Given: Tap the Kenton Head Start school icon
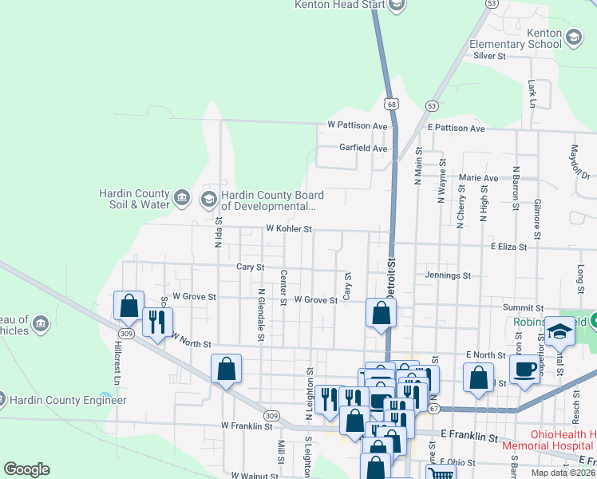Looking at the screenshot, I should [397, 5].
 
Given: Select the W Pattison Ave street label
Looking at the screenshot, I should [358, 126].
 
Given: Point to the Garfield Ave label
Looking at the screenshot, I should [363, 148].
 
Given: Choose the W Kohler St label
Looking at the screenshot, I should [288, 229].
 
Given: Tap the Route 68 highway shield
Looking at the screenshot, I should [390, 104].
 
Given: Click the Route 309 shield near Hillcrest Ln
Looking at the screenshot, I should [126, 332].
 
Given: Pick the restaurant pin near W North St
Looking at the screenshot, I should [157, 322].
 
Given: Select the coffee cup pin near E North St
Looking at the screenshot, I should [525, 369].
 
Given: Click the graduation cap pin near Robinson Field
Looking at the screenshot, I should [559, 331].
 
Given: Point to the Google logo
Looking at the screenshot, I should [26, 469].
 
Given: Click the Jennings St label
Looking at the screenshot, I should [448, 275].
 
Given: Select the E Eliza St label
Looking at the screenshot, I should [509, 247].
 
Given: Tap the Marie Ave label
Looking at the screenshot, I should [479, 178].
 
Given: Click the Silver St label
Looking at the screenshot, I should [490, 56].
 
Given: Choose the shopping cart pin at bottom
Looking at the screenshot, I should [441, 473].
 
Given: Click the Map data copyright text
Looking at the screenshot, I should [563, 473].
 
